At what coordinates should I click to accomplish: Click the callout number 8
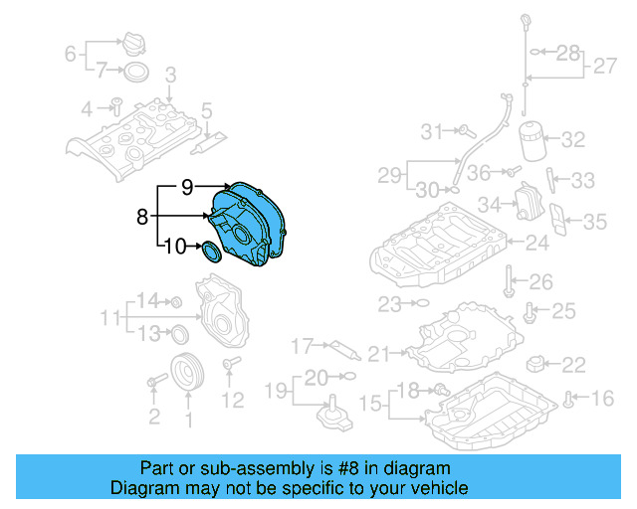(x=141, y=214)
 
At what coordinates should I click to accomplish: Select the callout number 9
(x=186, y=185)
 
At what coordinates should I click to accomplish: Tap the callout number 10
(x=174, y=247)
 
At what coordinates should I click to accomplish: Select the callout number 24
(x=537, y=242)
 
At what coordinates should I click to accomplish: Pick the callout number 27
(x=605, y=67)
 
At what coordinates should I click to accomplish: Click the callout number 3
(x=170, y=74)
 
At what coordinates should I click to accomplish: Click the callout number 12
(x=231, y=401)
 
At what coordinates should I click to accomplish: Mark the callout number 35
(x=594, y=221)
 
